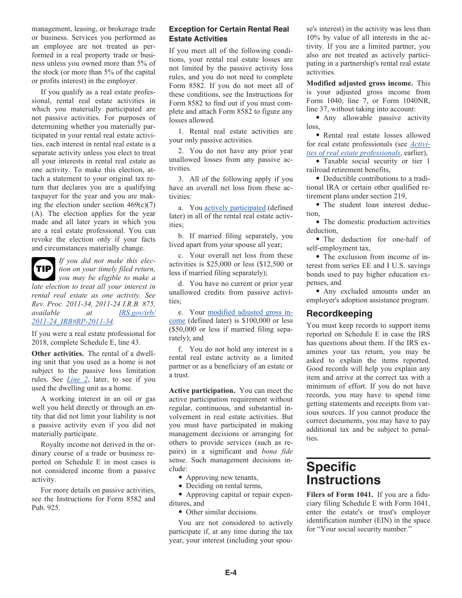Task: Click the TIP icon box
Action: coord(43,269)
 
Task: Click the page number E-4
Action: coord(231,573)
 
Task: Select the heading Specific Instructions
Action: coord(343,473)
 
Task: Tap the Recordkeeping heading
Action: coord(339,314)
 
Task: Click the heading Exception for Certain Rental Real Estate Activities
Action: coord(229,34)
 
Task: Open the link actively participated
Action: coord(235,208)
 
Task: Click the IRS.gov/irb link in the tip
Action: coord(137,313)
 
